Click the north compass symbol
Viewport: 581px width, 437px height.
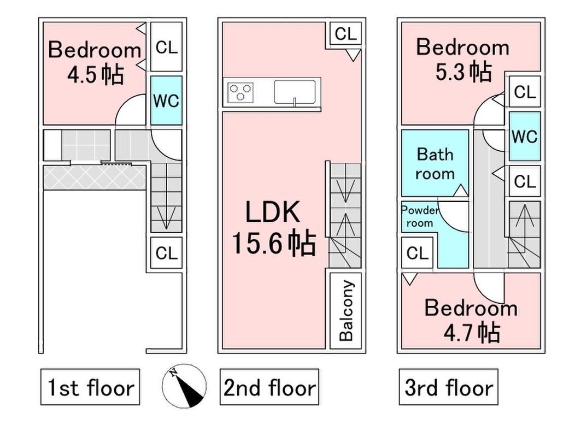[x=184, y=386]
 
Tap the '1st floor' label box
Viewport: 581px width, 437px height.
[x=90, y=387]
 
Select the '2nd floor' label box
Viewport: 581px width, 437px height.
[x=269, y=387]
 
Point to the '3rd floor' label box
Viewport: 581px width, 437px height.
[x=448, y=387]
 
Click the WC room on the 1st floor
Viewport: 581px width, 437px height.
[x=166, y=101]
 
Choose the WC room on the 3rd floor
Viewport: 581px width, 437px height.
[x=525, y=136]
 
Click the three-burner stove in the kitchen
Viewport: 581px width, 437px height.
[x=241, y=92]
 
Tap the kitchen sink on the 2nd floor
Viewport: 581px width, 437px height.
[x=295, y=92]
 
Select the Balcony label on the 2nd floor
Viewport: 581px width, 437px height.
[x=346, y=311]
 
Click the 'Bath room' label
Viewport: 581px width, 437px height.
[x=435, y=164]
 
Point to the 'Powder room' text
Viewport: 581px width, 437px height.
[x=420, y=217]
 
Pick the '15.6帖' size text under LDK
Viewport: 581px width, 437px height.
[x=274, y=243]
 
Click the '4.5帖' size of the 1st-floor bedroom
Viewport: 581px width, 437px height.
[x=95, y=74]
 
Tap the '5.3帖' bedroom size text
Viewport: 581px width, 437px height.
[x=463, y=72]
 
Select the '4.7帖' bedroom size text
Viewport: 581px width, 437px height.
[x=472, y=332]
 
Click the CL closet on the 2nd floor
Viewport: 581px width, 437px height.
[x=346, y=34]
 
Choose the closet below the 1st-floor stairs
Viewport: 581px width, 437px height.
[x=166, y=253]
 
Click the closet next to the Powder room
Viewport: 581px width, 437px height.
[x=417, y=253]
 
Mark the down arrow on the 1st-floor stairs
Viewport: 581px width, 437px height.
[x=166, y=218]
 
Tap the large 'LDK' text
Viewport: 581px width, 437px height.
[x=273, y=212]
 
